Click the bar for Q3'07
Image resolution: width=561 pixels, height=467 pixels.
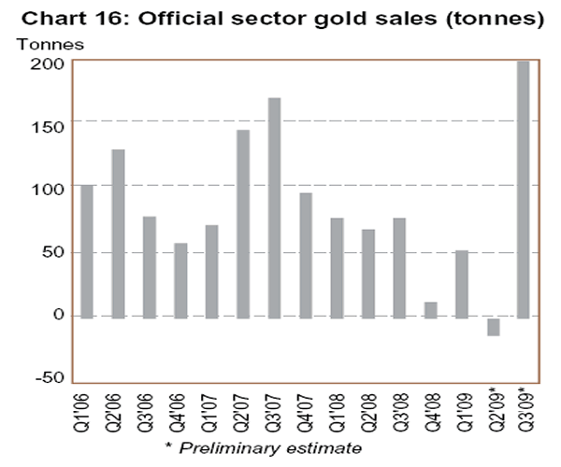pyautogui.click(x=274, y=207)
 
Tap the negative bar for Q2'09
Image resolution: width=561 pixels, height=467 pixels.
pyautogui.click(x=492, y=326)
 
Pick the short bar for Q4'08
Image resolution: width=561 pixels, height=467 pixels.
pyautogui.click(x=430, y=309)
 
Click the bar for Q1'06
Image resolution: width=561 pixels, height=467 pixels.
pyautogui.click(x=87, y=251)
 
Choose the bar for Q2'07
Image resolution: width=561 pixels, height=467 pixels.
pyautogui.click(x=243, y=224)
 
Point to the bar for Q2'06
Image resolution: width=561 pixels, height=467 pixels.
pyautogui.click(x=118, y=233)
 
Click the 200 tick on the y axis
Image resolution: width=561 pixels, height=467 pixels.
pyautogui.click(x=50, y=63)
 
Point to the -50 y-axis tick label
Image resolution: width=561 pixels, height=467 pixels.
pyautogui.click(x=47, y=377)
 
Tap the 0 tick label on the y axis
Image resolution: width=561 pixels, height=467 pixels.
pyautogui.click(x=57, y=315)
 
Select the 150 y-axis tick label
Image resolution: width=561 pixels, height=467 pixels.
pyautogui.click(x=50, y=125)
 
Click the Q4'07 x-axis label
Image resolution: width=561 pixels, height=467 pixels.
pyautogui.click(x=306, y=412)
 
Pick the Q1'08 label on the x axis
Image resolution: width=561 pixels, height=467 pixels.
pyautogui.click(x=337, y=412)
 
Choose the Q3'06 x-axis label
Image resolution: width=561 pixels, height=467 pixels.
pyautogui.click(x=150, y=412)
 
